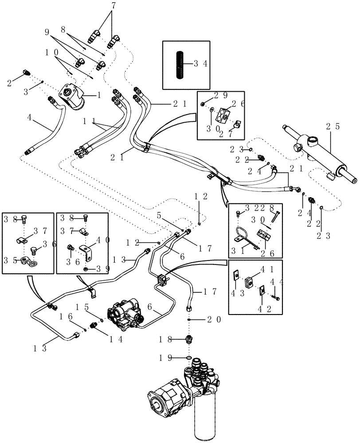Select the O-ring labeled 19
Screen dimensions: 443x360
(x=189, y=358)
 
